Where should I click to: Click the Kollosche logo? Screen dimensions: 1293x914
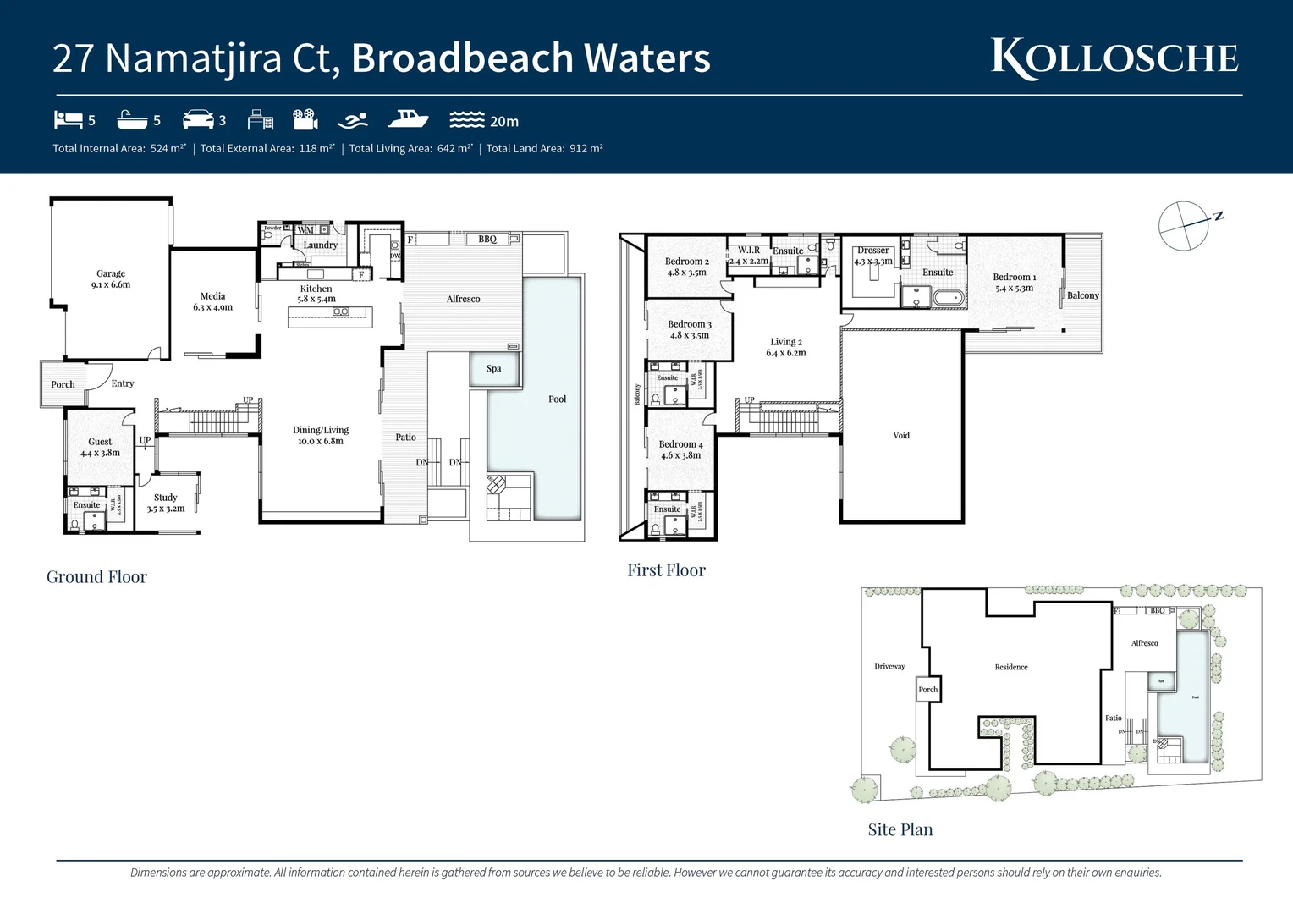coord(1114,58)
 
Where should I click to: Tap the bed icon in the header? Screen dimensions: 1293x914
coord(68,120)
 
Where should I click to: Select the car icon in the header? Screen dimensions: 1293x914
coord(198,119)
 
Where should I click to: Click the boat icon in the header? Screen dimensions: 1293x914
coord(408,119)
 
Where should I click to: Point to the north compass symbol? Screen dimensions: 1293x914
coord(1185,225)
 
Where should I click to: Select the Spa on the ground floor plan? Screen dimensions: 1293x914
coord(494,369)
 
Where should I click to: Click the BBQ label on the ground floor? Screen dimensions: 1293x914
coord(487,240)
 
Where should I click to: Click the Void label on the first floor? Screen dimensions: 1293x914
coord(901,436)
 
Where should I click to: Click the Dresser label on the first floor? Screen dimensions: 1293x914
coord(873,251)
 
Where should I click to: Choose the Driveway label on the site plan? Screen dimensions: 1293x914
coord(889,667)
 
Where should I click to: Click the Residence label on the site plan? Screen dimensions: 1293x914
coord(1011,668)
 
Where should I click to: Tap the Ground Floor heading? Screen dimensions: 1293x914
coord(96,577)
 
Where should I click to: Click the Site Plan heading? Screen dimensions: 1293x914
coord(900,830)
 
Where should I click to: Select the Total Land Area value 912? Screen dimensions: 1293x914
coord(579,149)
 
